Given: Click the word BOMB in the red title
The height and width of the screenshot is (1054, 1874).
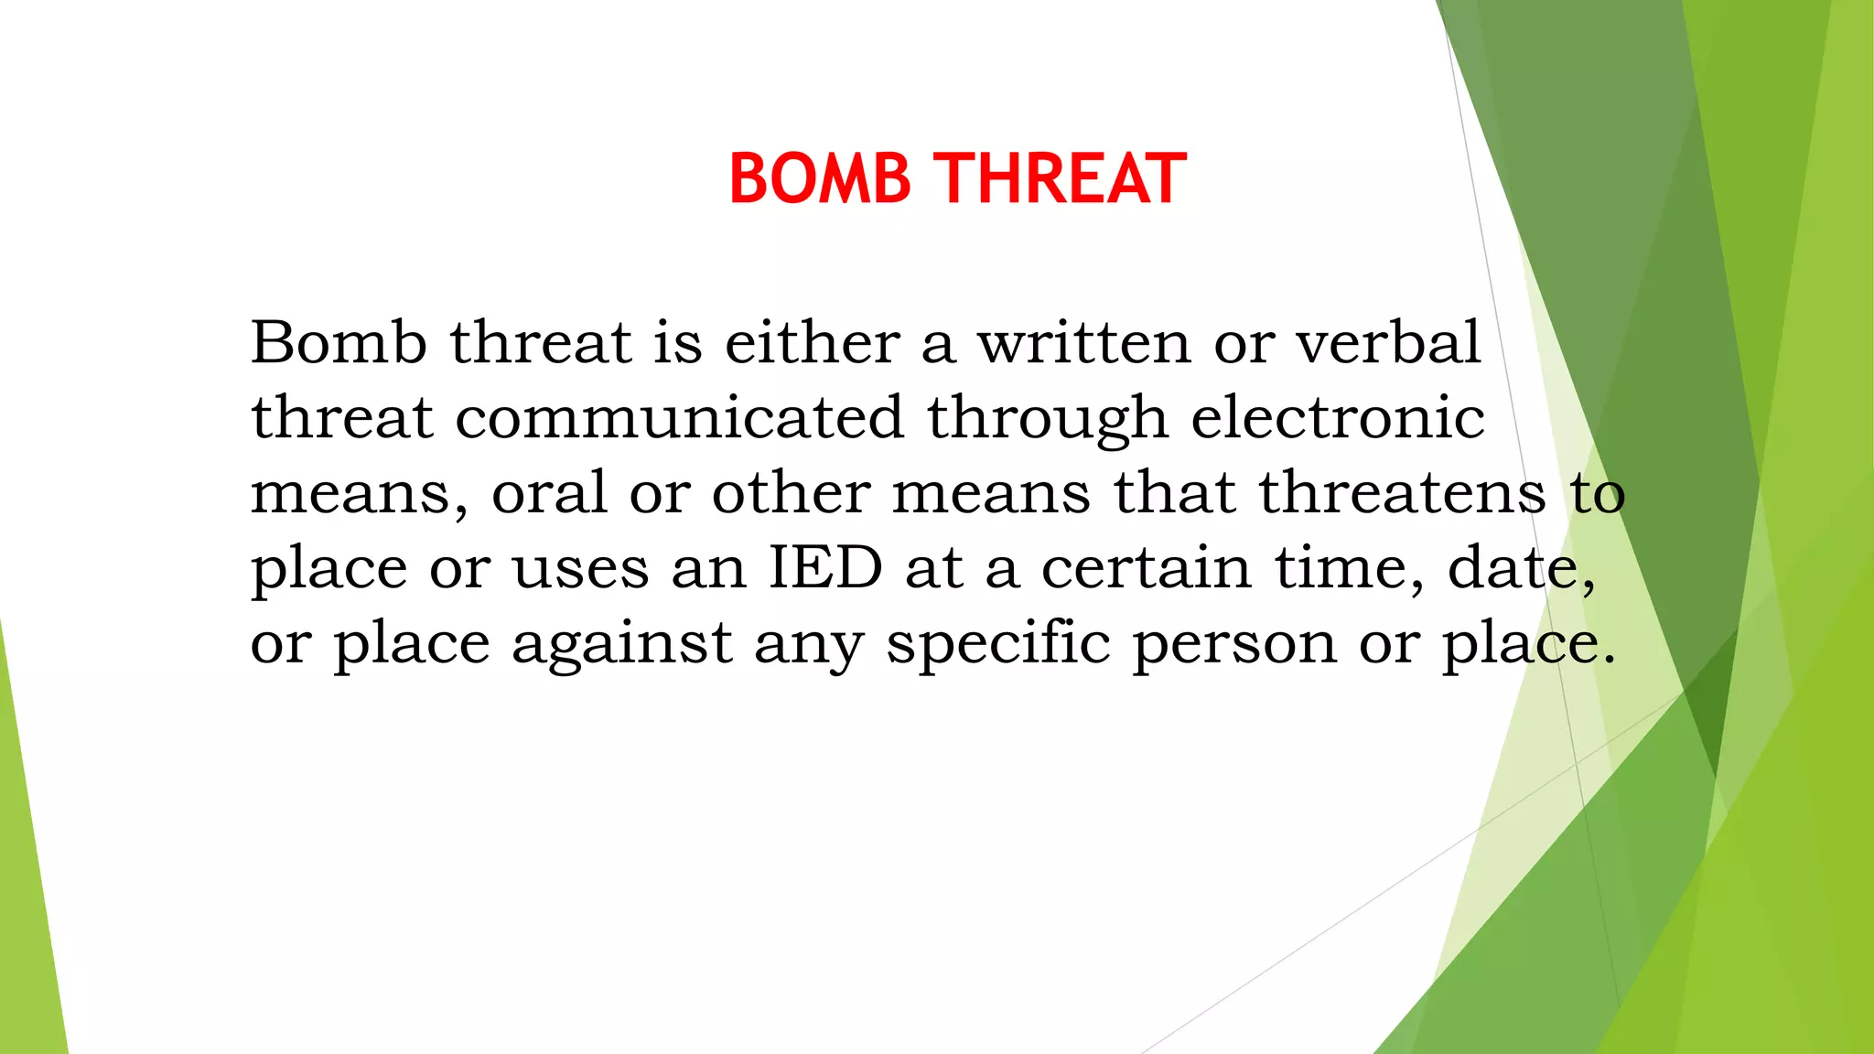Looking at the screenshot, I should pos(820,178).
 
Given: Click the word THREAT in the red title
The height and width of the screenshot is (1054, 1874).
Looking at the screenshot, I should pos(1061,178).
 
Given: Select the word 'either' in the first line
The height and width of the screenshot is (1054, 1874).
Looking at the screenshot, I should pos(812,343).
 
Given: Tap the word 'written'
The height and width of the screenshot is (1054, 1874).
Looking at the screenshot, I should pos(1084,343).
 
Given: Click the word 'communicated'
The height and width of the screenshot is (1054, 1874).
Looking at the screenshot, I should pos(679,418).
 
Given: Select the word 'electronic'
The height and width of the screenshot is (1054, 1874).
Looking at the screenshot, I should pos(1337,418).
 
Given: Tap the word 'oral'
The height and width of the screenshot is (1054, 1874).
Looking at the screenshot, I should pos(549,493).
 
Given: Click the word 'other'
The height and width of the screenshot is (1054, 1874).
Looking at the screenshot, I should pos(791,493).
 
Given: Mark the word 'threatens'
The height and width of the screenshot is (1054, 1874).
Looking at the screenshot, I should pos(1402,493).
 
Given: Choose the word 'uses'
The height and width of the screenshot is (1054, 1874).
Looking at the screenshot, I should pos(580,569).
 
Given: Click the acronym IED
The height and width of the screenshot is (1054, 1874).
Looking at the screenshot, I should pos(824,567).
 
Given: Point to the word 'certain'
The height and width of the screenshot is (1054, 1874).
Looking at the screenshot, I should pos(1146,568).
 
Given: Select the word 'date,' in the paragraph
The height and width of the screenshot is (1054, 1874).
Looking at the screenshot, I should pos(1521,568).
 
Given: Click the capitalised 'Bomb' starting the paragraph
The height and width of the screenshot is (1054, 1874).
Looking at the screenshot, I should pos(339,343).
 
